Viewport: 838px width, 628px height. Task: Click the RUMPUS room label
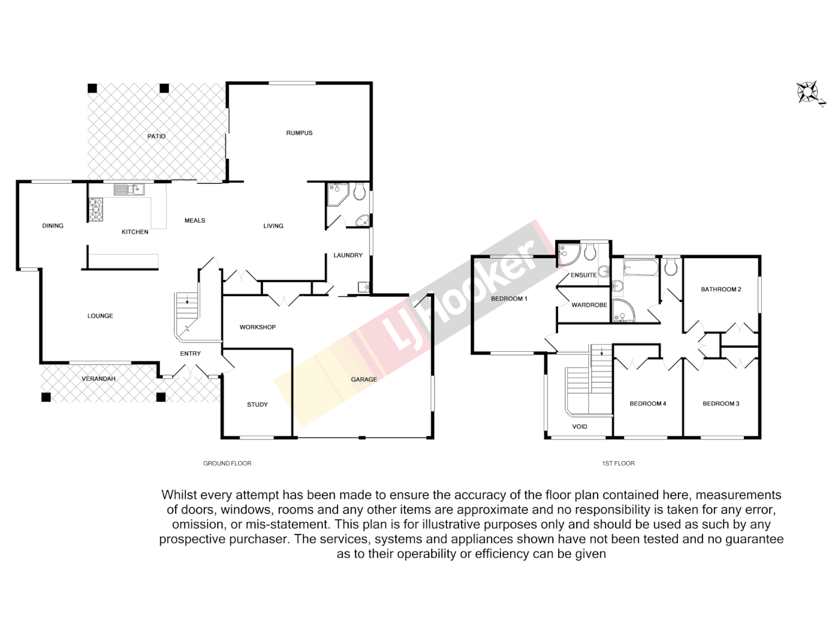click(299, 133)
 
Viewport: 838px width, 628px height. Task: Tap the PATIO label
click(156, 137)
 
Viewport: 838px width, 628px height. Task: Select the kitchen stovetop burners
click(95, 209)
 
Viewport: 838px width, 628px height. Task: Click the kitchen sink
click(129, 189)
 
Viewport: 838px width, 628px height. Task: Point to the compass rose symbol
click(808, 92)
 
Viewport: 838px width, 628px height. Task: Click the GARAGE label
click(364, 380)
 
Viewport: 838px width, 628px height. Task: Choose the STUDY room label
click(257, 405)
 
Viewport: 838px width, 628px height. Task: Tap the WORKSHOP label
click(257, 327)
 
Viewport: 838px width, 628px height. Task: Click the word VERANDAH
click(98, 379)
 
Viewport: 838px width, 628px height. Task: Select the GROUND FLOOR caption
click(227, 463)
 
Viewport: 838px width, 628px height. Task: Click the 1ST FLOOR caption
click(618, 463)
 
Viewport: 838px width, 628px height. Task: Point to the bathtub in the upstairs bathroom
click(640, 269)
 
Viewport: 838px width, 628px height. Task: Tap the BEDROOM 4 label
click(648, 404)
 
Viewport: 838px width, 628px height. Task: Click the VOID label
click(580, 427)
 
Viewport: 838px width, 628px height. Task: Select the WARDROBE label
click(589, 305)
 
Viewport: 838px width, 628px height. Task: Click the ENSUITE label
click(583, 275)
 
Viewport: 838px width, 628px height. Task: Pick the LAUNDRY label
click(347, 255)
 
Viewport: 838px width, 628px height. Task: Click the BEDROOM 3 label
click(720, 404)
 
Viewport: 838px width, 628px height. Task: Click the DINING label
click(53, 226)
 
